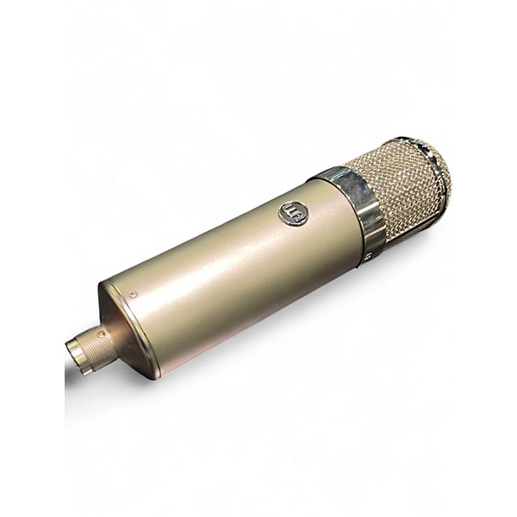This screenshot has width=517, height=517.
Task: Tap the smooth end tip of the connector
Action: click(x=73, y=351)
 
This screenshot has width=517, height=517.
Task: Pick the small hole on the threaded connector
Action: click(x=100, y=331)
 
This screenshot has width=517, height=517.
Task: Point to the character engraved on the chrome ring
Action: click(x=367, y=255)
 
